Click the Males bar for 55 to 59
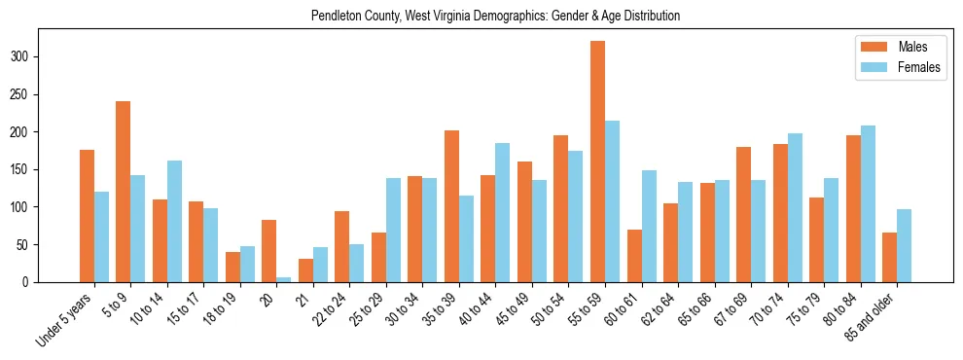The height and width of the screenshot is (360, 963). [598, 162]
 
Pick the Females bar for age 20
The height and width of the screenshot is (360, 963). [284, 279]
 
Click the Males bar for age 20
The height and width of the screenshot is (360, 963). [269, 251]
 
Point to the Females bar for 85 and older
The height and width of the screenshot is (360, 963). [905, 245]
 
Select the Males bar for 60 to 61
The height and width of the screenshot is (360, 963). [635, 256]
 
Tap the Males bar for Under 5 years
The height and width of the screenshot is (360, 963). [88, 216]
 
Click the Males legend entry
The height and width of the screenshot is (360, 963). [890, 46]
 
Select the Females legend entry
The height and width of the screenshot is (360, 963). [890, 68]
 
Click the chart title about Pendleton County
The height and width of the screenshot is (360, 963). [495, 17]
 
